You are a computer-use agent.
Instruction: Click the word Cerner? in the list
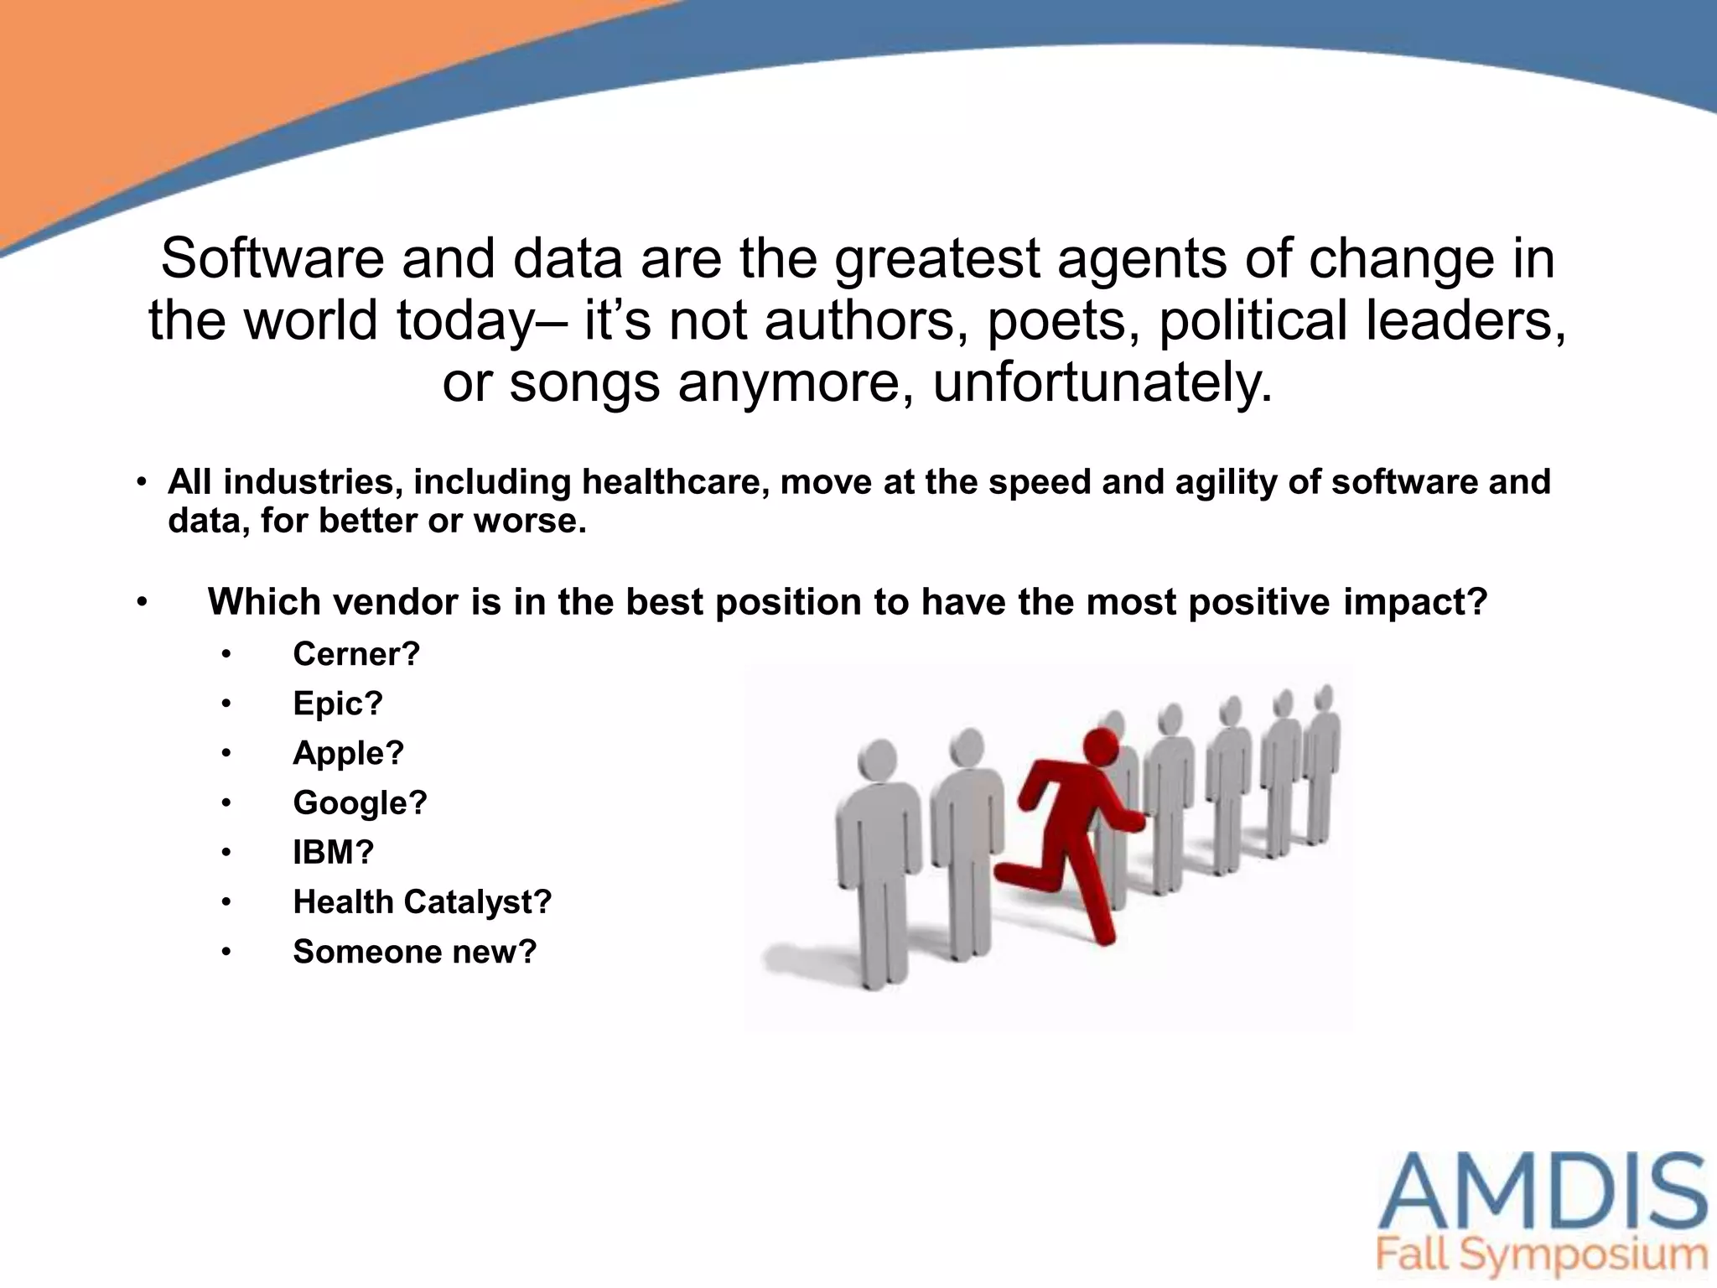pos(355,654)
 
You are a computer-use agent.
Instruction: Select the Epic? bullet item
pos(337,704)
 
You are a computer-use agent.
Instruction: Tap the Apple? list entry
pos(348,753)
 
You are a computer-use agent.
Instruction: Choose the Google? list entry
pos(360,803)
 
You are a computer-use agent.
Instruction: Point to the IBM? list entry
pos(333,853)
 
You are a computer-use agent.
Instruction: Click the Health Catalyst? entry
pos(422,902)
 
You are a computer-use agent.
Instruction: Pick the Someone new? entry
pos(414,952)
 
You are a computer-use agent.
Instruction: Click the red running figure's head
pos(1101,745)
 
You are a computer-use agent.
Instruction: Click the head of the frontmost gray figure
pos(878,759)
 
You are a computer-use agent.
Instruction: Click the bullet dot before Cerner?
pos(226,655)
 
